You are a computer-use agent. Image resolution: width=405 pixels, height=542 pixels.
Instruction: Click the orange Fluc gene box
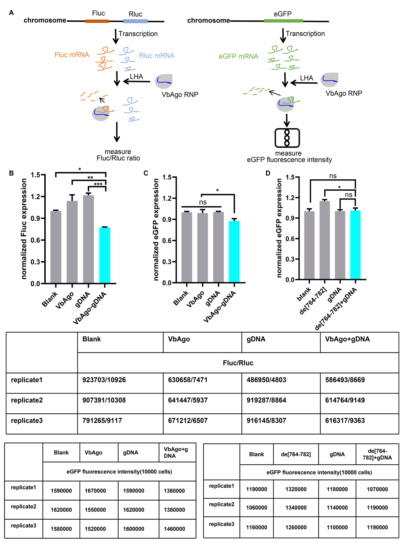pyautogui.click(x=97, y=21)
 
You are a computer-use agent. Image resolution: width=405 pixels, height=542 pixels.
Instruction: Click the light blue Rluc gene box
pyautogui.click(x=135, y=21)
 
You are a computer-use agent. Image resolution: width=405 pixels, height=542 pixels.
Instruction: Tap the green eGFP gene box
pyautogui.click(x=283, y=21)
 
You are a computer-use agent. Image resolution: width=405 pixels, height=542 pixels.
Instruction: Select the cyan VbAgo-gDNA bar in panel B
pyautogui.click(x=105, y=255)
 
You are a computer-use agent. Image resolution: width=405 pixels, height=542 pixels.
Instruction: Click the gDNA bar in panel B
pyautogui.click(x=88, y=239)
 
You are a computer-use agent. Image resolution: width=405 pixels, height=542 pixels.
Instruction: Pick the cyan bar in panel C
pyautogui.click(x=234, y=252)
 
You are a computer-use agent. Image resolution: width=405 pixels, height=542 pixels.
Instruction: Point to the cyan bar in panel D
pyautogui.click(x=355, y=245)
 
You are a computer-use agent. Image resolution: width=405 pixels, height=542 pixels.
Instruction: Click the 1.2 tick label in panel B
pyautogui.click(x=36, y=197)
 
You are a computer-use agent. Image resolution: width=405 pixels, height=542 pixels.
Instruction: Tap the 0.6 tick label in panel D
pyautogui.click(x=290, y=239)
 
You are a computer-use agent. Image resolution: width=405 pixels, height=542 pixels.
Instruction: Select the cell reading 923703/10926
pyautogui.click(x=104, y=380)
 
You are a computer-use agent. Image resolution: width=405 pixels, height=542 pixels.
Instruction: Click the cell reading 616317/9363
pyautogui.click(x=345, y=421)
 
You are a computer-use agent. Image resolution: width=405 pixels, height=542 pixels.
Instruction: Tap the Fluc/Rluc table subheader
pyautogui.click(x=238, y=363)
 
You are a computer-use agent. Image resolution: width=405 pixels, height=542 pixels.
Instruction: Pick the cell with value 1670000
pyautogui.click(x=95, y=491)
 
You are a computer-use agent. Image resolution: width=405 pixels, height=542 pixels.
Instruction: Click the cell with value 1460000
pyautogui.click(x=174, y=529)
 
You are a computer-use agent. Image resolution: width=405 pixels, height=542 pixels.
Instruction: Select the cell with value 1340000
pyautogui.click(x=296, y=508)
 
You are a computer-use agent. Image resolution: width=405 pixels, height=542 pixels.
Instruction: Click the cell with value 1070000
pyautogui.click(x=377, y=489)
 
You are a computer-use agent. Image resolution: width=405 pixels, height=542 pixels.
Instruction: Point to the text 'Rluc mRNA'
pyautogui.click(x=157, y=56)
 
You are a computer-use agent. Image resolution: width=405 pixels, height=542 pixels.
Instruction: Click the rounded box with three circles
pyautogui.click(x=287, y=138)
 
